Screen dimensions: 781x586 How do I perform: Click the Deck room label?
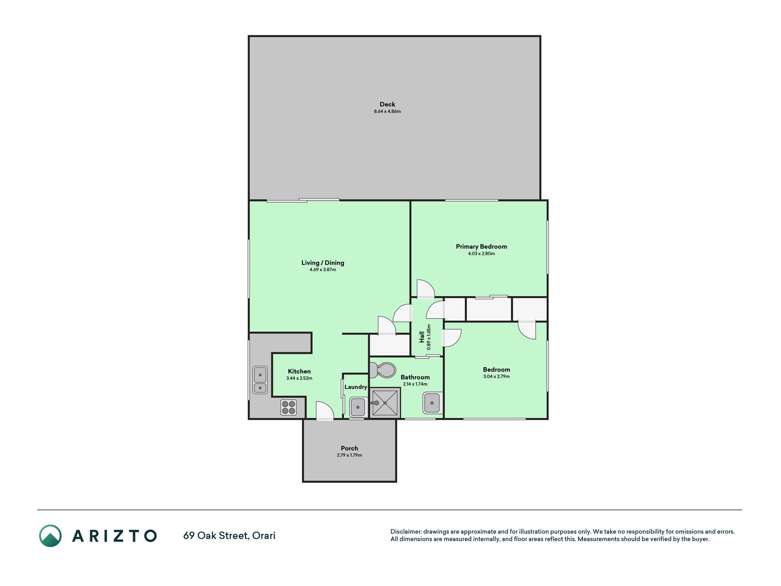point(387,104)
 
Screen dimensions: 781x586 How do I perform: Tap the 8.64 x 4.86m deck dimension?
point(387,112)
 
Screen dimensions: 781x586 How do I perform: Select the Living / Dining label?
point(323,263)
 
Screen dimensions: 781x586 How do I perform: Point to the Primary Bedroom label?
point(481,246)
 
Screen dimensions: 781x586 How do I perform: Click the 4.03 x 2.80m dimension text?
point(481,254)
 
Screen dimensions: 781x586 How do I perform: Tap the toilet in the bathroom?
point(382,370)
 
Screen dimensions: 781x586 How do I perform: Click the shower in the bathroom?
point(385,403)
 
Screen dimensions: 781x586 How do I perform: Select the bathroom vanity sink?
point(432,403)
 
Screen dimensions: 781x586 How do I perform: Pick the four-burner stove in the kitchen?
point(288,407)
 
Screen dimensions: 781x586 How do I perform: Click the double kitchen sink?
point(260,380)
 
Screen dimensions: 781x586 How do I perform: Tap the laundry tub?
point(357,407)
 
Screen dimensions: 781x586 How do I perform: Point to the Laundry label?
point(355,387)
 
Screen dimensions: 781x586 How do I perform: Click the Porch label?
point(350,449)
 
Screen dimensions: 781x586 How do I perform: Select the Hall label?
point(421,337)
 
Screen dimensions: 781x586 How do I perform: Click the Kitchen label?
point(299,372)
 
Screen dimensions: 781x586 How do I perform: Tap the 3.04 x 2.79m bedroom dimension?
point(496,377)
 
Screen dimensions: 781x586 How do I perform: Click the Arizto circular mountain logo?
point(50,536)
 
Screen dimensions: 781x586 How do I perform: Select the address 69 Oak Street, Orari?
point(229,536)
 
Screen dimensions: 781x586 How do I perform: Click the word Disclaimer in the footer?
point(406,532)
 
